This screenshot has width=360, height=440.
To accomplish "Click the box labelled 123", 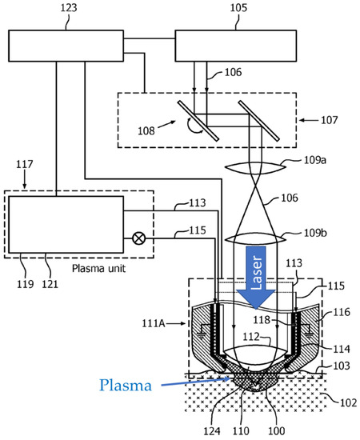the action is click(x=66, y=46).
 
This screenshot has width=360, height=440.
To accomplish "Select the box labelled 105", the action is click(x=236, y=46).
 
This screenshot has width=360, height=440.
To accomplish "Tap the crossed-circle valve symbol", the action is click(x=138, y=239).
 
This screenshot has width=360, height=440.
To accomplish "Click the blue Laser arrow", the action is click(x=256, y=278).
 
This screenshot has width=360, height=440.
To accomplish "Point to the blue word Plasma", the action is click(x=126, y=385).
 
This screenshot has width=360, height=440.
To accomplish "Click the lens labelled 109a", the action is click(x=256, y=167).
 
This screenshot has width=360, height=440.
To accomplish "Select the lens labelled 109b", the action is click(x=256, y=239).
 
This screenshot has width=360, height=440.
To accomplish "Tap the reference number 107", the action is click(x=330, y=120).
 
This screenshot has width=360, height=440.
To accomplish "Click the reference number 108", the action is click(x=146, y=130).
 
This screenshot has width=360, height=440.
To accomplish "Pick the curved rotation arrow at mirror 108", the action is click(x=192, y=127).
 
